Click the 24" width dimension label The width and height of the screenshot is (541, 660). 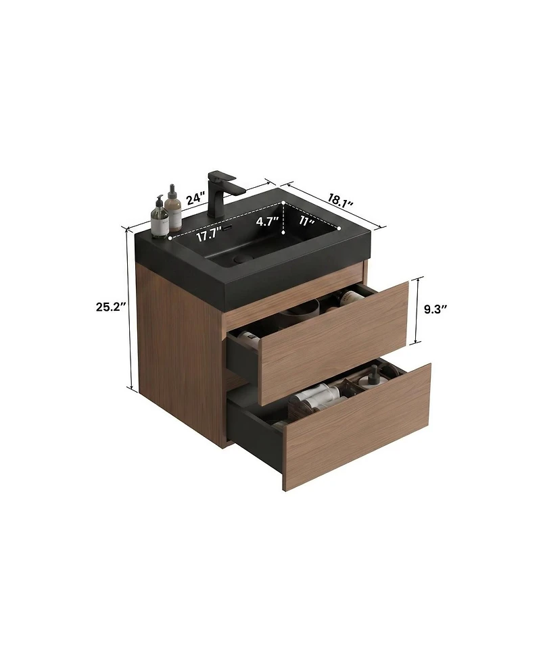[x=196, y=198]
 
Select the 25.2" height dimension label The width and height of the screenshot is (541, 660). [x=111, y=307]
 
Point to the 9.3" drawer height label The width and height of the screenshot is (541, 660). [x=436, y=309]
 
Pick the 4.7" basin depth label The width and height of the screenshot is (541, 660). [x=267, y=222]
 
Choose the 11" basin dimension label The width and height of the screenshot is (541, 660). [x=308, y=220]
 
